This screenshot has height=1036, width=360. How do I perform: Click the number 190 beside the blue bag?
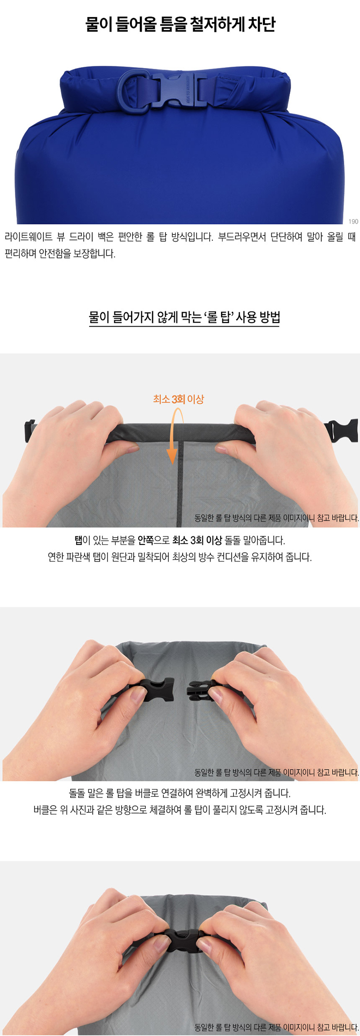point(353,221)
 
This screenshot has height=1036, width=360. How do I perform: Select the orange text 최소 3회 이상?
point(179,399)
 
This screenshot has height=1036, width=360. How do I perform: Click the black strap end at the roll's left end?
point(30,431)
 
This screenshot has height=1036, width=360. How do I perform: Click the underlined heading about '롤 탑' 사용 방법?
point(184,317)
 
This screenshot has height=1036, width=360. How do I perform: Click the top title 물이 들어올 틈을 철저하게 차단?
point(180,24)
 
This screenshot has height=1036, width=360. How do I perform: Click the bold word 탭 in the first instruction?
point(79,541)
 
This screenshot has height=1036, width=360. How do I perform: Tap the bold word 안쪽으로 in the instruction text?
point(153,541)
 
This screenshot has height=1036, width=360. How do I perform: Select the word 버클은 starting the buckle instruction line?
point(45,810)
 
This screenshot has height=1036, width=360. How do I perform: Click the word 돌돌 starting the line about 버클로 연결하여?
point(77,793)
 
